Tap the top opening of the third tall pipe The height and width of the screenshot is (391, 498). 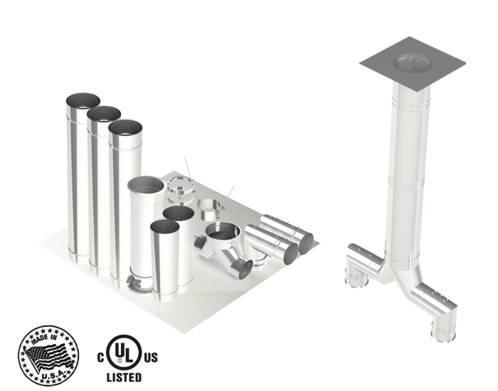[x=127, y=128]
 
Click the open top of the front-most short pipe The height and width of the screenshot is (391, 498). [x=165, y=228]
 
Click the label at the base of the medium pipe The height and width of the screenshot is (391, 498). [x=137, y=282]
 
